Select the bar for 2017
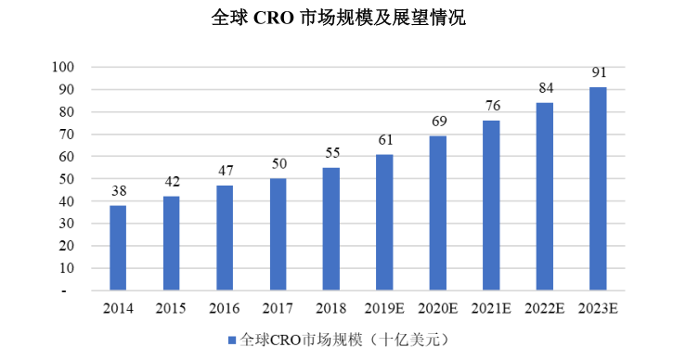pos(278,235)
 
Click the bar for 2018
pos(331,229)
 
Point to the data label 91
pos(599,72)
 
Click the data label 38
pos(118,191)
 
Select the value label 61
pos(385,140)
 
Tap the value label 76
pos(492,106)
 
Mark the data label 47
pos(225,171)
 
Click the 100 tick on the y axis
pos(62,68)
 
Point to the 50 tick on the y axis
pos(66,179)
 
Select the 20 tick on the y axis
pos(66,246)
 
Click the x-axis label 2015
pos(171,308)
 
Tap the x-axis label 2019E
pos(385,308)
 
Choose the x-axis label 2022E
pos(545,308)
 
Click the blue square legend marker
pos(232,340)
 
